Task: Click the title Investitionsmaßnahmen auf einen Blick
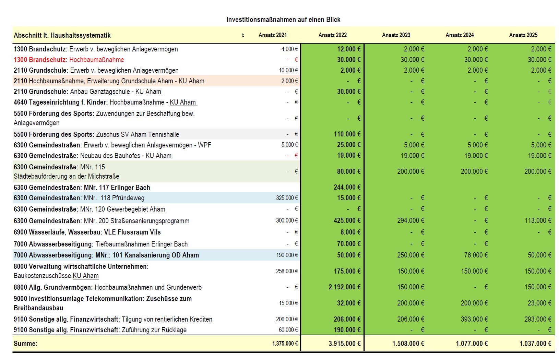[x=283, y=20]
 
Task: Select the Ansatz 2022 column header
[x=332, y=35]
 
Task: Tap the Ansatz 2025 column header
[x=523, y=35]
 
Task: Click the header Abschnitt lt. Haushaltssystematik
[x=62, y=35]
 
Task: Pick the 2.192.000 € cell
[x=344, y=287]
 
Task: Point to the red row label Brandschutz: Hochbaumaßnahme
[x=69, y=60]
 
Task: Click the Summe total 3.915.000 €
[x=344, y=344]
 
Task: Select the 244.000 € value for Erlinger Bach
[x=347, y=187]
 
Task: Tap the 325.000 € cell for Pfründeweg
[x=287, y=198]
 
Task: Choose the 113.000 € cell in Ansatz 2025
[x=538, y=220]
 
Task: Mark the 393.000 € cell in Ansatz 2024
[x=474, y=319]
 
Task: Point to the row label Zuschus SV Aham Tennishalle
[x=138, y=134]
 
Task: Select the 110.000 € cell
[x=347, y=134]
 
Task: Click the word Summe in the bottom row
[x=25, y=344]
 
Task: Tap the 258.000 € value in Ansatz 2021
[x=287, y=271]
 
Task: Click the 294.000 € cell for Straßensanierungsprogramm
[x=411, y=220]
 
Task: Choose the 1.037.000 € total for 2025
[x=535, y=344]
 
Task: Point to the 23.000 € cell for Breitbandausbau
[x=539, y=303]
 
